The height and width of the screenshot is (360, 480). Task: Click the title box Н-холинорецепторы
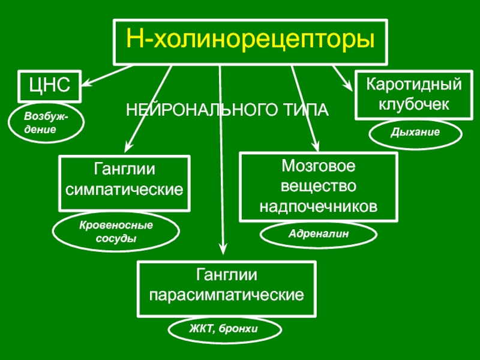click(250, 41)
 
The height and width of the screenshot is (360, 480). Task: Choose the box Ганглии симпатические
click(124, 183)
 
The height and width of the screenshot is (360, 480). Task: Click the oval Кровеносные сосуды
click(116, 232)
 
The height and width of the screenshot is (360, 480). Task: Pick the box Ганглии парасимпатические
click(226, 289)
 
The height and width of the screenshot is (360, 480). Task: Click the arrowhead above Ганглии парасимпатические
click(223, 249)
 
